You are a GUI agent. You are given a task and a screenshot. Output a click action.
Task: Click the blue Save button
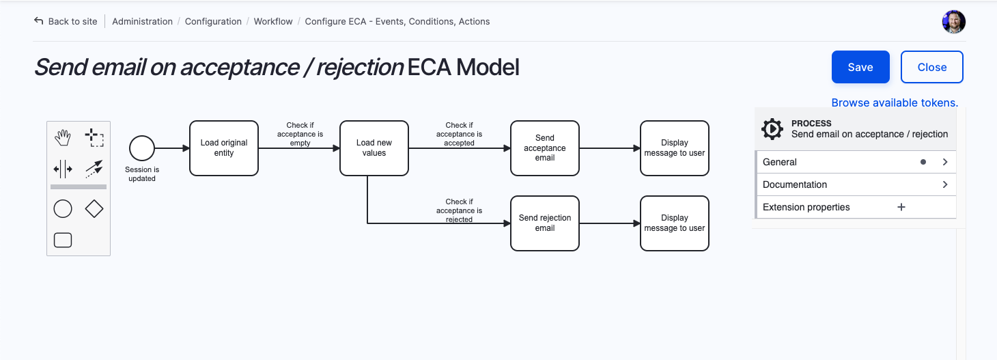[860, 67]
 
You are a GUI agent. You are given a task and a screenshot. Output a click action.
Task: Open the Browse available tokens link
[895, 102]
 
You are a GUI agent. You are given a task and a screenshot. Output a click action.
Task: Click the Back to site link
[66, 21]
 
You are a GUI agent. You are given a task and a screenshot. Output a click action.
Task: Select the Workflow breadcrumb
[273, 21]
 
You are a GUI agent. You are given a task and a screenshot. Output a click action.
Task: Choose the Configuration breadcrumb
[213, 21]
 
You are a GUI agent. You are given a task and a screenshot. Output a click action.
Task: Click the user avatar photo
[953, 22]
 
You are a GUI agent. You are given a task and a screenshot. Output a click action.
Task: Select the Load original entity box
[224, 148]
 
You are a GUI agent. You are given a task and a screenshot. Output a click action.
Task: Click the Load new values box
[374, 148]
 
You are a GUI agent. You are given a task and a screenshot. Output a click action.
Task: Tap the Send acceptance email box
[545, 148]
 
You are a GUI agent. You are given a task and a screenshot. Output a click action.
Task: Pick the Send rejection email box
[545, 223]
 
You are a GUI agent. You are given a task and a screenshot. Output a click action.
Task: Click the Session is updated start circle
[142, 148]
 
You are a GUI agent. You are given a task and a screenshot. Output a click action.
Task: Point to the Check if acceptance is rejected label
[459, 210]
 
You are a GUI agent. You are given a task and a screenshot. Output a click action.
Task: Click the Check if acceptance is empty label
[300, 134]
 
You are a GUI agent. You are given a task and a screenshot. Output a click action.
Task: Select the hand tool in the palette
[63, 137]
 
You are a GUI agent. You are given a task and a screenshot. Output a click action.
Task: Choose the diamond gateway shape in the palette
[94, 209]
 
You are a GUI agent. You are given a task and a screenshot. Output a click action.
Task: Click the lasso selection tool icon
[94, 137]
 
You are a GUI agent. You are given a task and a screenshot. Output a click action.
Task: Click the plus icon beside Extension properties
[901, 207]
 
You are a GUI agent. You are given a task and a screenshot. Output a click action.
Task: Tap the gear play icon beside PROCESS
[772, 129]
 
